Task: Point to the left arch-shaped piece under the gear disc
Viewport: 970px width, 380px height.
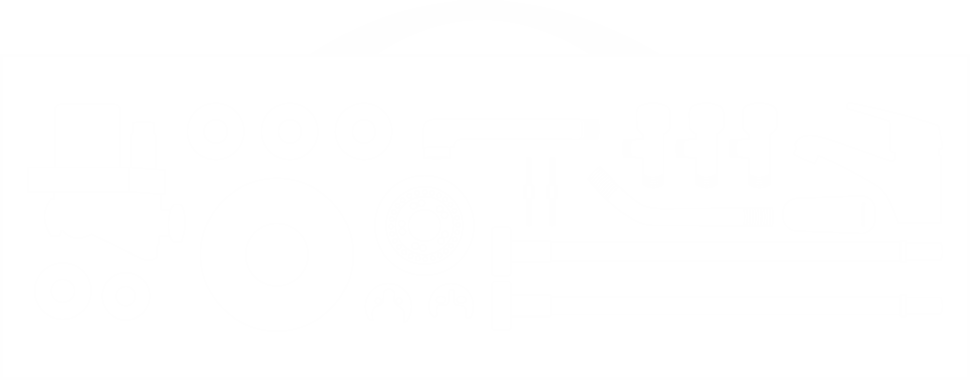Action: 393,302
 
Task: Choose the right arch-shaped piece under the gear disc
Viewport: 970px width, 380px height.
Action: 453,302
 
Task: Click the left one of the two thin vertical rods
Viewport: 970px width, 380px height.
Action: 529,192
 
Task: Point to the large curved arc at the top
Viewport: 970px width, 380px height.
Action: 483,13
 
